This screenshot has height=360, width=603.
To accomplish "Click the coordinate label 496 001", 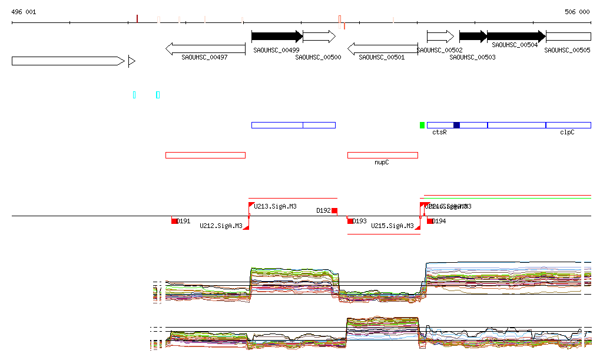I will coord(24,12).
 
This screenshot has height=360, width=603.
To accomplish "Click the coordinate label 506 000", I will coord(577,12).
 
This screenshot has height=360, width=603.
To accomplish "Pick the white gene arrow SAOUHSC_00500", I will coord(319,37).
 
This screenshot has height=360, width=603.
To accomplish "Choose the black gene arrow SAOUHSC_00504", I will coord(516,37).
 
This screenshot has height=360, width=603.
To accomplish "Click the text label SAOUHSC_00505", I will coord(567,51).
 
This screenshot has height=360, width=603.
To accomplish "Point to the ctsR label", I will coord(439,133).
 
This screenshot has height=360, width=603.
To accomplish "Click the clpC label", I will coord(567,133).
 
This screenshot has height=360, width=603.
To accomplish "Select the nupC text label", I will coord(382,162).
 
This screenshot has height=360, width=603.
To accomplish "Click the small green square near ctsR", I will coord(422,125).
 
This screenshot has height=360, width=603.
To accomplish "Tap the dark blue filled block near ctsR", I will coord(456,125).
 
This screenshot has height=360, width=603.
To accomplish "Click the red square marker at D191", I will coord(174,221).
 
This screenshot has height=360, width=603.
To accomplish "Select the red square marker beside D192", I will coord(334,211).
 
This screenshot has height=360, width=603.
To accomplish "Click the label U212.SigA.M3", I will coord(221,226).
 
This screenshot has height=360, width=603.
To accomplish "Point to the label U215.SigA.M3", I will coord(392,226).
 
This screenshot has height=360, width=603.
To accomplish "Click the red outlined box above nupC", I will coord(382,155).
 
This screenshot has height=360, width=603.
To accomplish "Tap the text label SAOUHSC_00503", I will coord(472,58).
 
